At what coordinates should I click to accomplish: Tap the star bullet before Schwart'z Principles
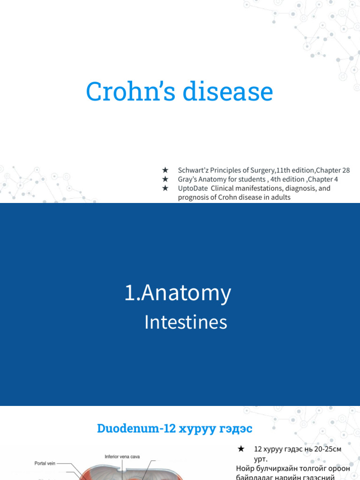pos(165,170)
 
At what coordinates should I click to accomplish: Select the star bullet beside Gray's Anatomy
pos(165,179)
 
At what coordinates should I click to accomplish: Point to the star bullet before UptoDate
pos(165,188)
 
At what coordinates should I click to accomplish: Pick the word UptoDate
pos(193,188)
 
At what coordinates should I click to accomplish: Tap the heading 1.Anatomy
pos(178,293)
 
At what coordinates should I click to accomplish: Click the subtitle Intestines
pos(186,322)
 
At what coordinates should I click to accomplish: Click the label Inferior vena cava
pos(122,457)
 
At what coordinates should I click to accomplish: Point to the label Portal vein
pos(45,464)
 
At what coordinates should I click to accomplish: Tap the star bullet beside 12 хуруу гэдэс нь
pos(241,449)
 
